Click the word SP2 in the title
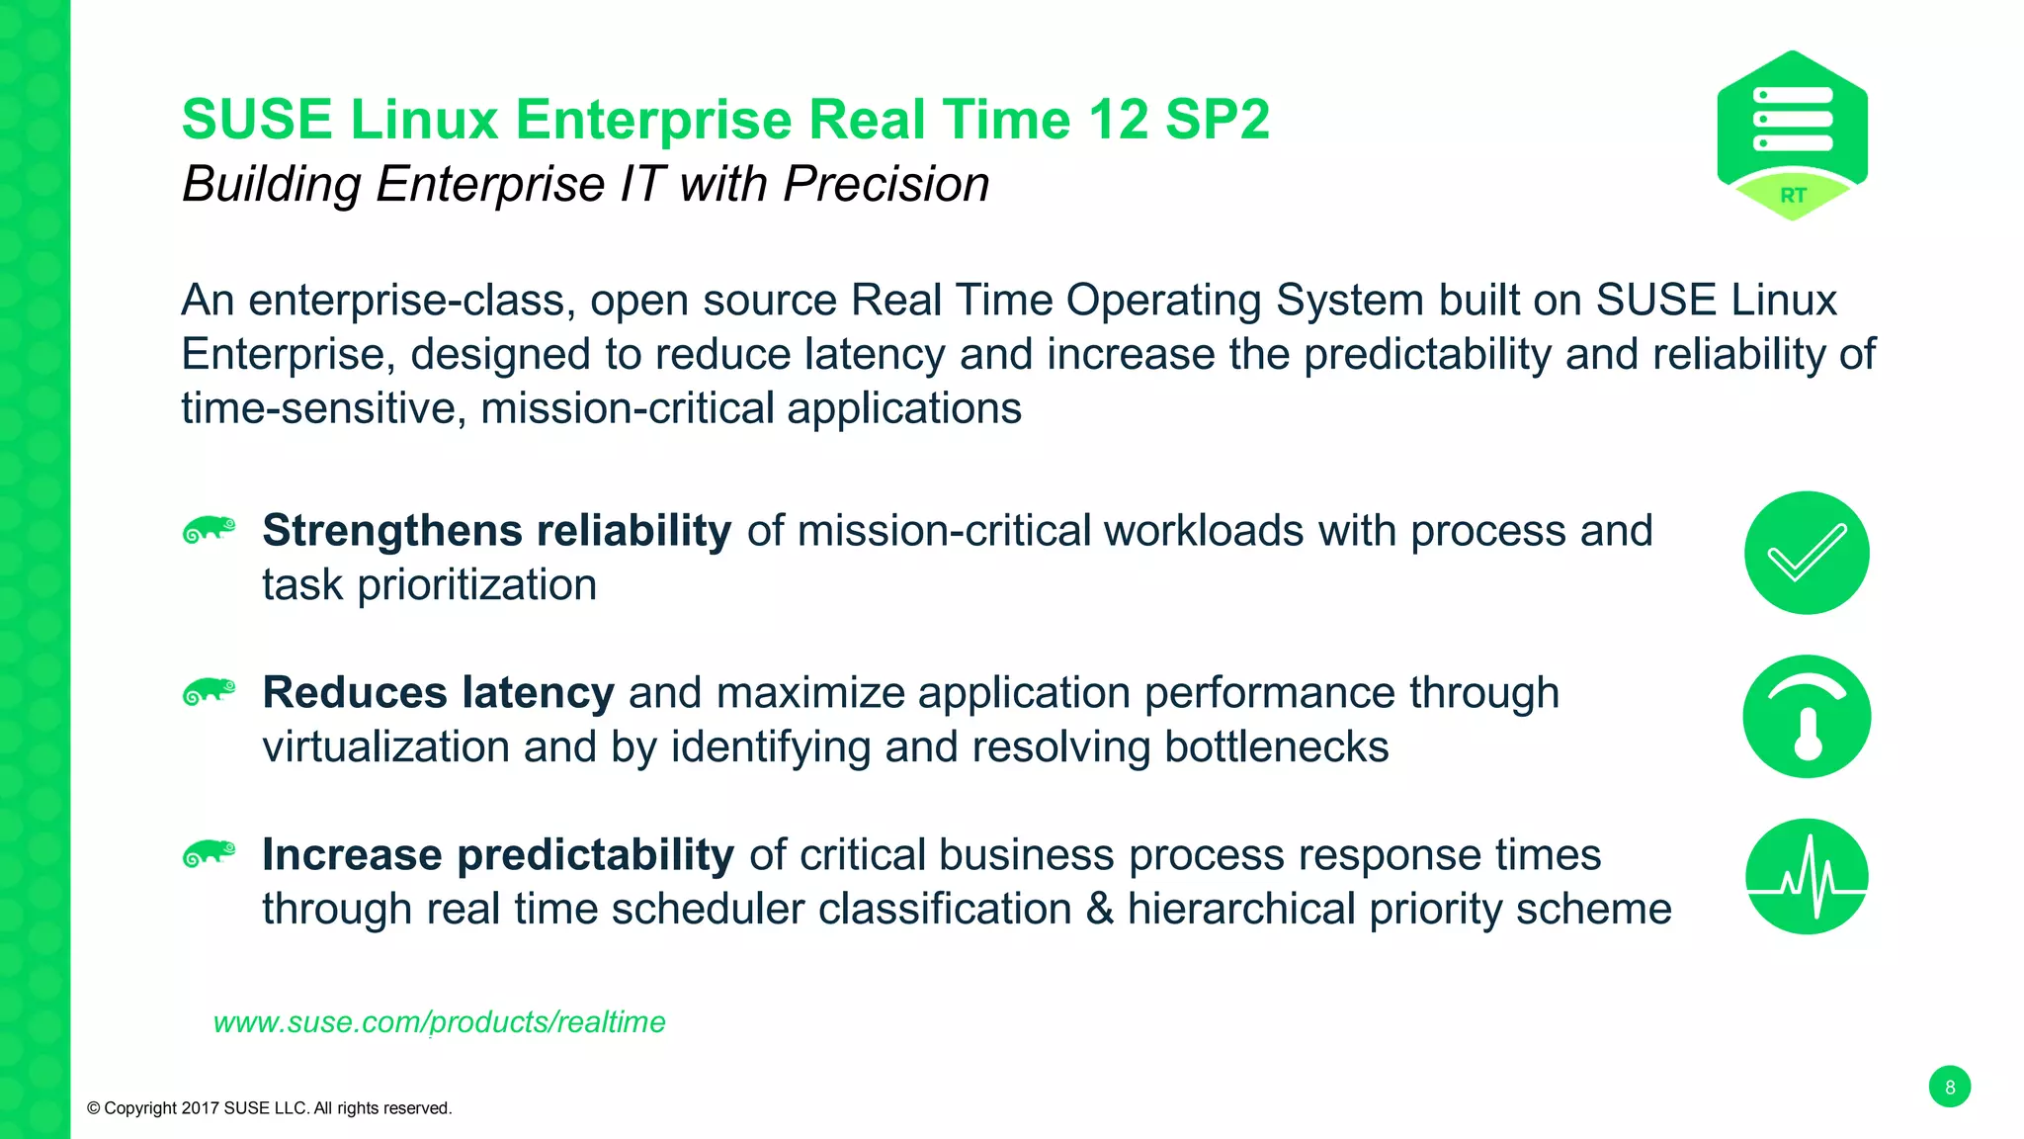[x=1217, y=121]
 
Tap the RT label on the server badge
[x=1793, y=196]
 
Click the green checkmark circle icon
[x=1807, y=553]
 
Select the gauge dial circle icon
[x=1807, y=717]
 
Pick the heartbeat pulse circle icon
[x=1807, y=877]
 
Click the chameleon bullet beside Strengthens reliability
[x=210, y=530]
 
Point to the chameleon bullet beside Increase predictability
[x=210, y=853]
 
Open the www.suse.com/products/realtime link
[x=439, y=1021]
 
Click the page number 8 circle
[x=1949, y=1087]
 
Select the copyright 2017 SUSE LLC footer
[x=269, y=1108]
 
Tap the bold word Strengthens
[x=391, y=531]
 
